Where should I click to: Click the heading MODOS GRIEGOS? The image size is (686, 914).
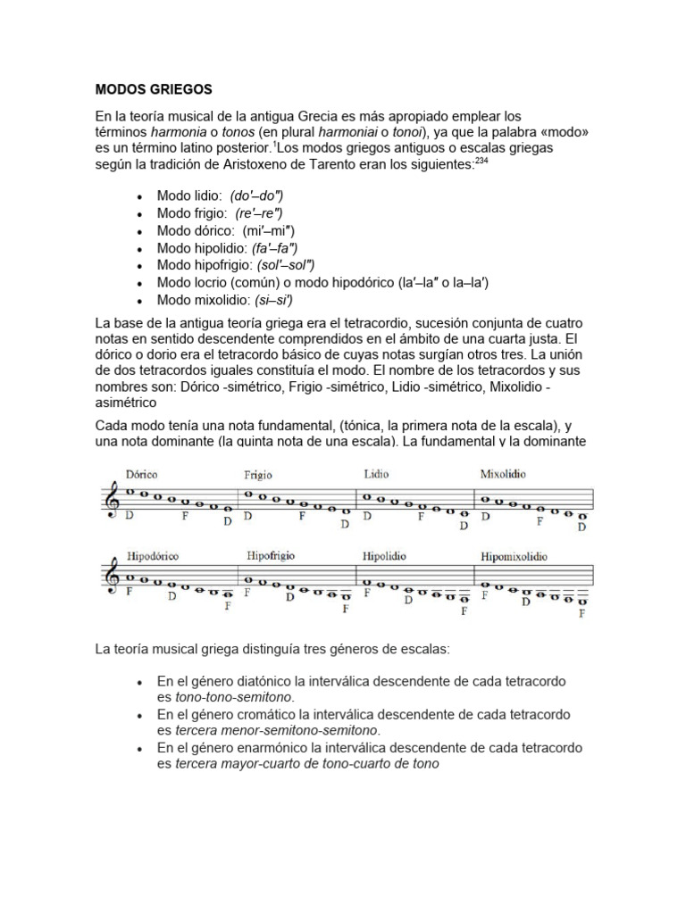[154, 89]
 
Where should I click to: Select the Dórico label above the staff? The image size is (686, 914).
[142, 476]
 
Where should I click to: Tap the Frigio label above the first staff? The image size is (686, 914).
[258, 476]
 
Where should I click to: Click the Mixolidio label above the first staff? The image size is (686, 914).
[503, 474]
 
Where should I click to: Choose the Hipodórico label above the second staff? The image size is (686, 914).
[153, 556]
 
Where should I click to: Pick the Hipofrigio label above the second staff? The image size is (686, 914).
[271, 556]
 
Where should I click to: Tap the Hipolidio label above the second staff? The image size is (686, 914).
[384, 556]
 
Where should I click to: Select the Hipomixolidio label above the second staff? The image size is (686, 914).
[514, 557]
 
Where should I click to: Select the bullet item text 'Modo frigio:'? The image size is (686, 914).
[192, 213]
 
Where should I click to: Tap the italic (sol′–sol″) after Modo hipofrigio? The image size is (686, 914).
[286, 265]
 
